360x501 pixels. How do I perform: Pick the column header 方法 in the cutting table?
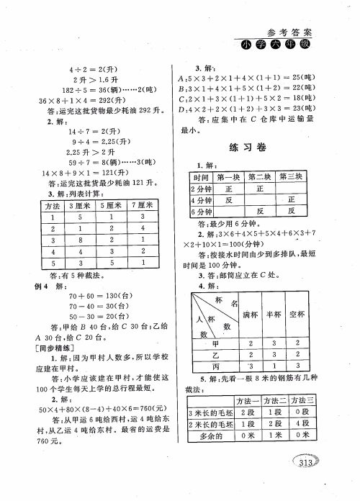point(52,207)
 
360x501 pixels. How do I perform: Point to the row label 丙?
point(213,366)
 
